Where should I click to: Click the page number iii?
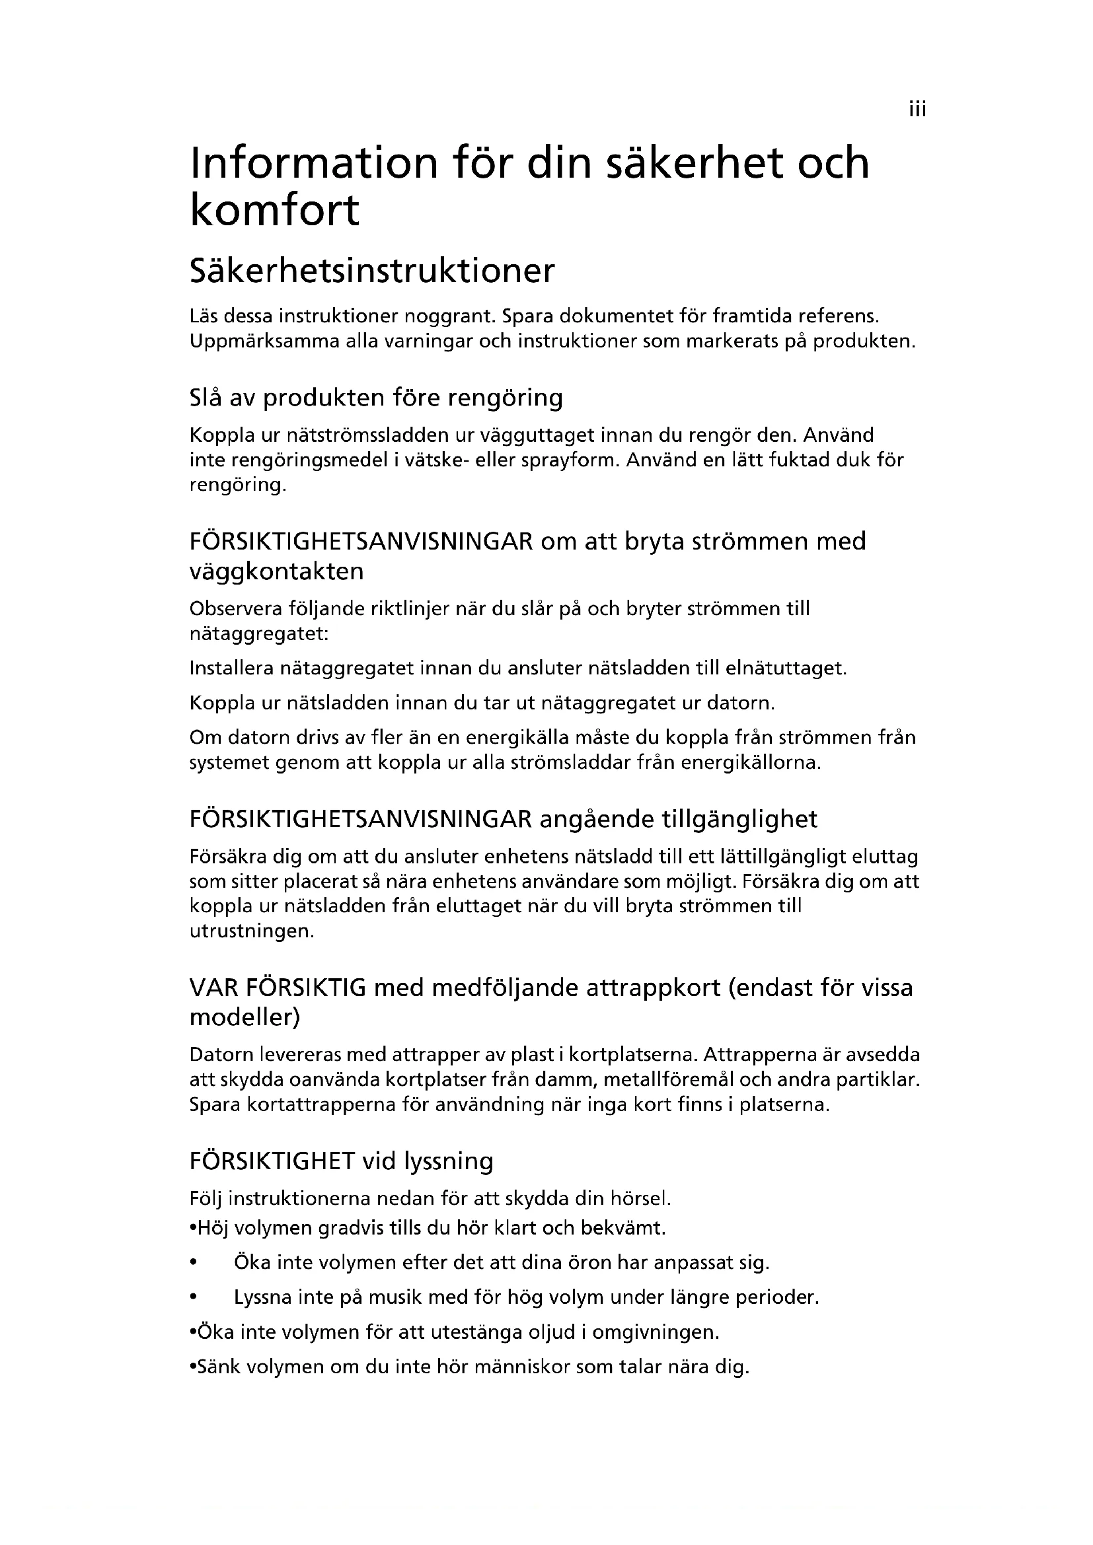point(917,109)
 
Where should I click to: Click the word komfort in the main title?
point(275,210)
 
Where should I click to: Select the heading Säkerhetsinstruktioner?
point(372,271)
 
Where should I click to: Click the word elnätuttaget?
point(785,668)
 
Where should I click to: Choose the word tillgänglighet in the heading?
point(730,819)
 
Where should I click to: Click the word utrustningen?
point(252,931)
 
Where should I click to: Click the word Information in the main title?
point(315,163)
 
